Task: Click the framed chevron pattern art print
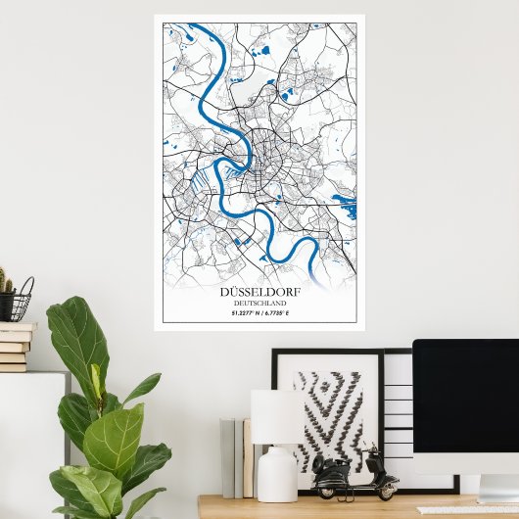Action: [x=326, y=415]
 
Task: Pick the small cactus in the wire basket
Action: [x=6, y=284]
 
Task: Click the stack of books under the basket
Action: [x=15, y=347]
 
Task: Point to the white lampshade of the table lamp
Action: [x=275, y=417]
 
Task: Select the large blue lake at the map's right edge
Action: [x=345, y=207]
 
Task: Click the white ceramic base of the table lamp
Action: [x=276, y=474]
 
